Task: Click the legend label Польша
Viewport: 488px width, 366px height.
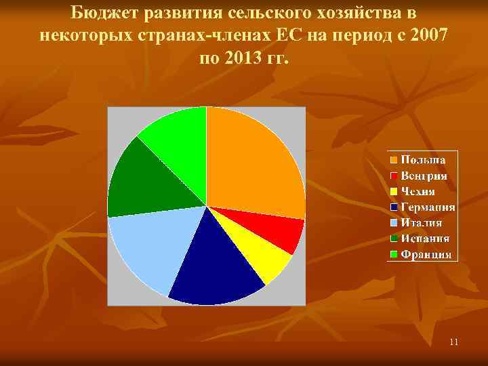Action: pos(423,160)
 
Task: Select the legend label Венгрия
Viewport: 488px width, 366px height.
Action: pos(424,176)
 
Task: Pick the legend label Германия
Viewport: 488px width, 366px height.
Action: pos(428,207)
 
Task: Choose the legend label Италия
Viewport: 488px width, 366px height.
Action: pos(421,223)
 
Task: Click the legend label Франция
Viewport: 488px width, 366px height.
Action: pos(426,255)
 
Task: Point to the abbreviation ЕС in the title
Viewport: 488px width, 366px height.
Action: pos(283,35)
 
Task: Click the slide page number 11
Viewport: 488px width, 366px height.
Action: pos(453,342)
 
